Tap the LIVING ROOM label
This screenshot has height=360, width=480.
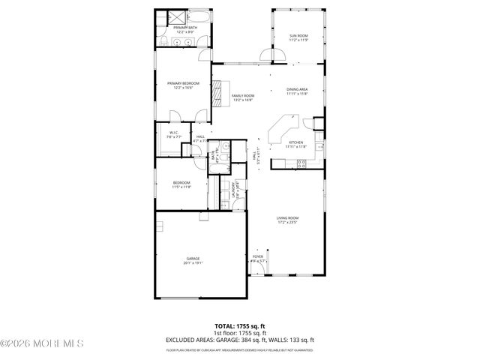(287, 220)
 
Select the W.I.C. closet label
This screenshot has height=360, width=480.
(172, 133)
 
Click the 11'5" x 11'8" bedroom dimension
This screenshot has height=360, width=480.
(181, 187)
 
